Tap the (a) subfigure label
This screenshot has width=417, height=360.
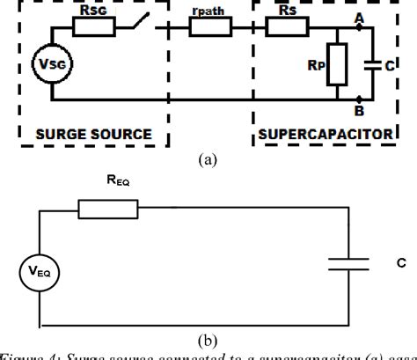(x=208, y=159)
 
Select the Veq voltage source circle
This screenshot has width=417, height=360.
(x=37, y=272)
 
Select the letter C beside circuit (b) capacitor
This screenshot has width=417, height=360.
(x=402, y=261)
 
